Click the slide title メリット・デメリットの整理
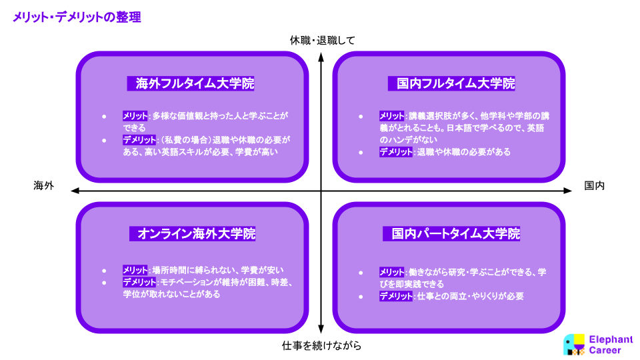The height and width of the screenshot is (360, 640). point(77,17)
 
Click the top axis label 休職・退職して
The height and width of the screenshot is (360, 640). point(323,40)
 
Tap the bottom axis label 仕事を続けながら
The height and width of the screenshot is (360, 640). point(321,346)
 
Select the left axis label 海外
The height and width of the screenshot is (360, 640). point(44,186)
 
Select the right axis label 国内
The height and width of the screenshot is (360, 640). point(594,186)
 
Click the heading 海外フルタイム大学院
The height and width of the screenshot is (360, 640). point(195,83)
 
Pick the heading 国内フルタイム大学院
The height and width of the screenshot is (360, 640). point(455,83)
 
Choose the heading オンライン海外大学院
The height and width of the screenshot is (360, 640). point(196,233)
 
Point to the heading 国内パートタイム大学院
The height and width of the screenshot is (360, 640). point(455,233)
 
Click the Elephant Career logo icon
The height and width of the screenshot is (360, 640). point(574,345)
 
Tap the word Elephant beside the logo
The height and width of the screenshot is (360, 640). point(611,339)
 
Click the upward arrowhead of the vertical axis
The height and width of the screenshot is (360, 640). point(321,57)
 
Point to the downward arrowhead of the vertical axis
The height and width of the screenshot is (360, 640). point(321,329)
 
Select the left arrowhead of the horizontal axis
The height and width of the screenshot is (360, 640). point(75,191)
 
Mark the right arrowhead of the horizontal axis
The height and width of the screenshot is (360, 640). point(567,191)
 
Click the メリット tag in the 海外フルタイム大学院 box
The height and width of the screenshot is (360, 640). point(135,116)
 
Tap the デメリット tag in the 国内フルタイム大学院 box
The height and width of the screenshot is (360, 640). point(396,152)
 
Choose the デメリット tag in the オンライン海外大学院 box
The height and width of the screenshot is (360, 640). point(139,282)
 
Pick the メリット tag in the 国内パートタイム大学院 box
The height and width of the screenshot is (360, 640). point(392,272)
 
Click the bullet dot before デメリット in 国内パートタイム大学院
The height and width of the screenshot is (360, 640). point(361,297)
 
